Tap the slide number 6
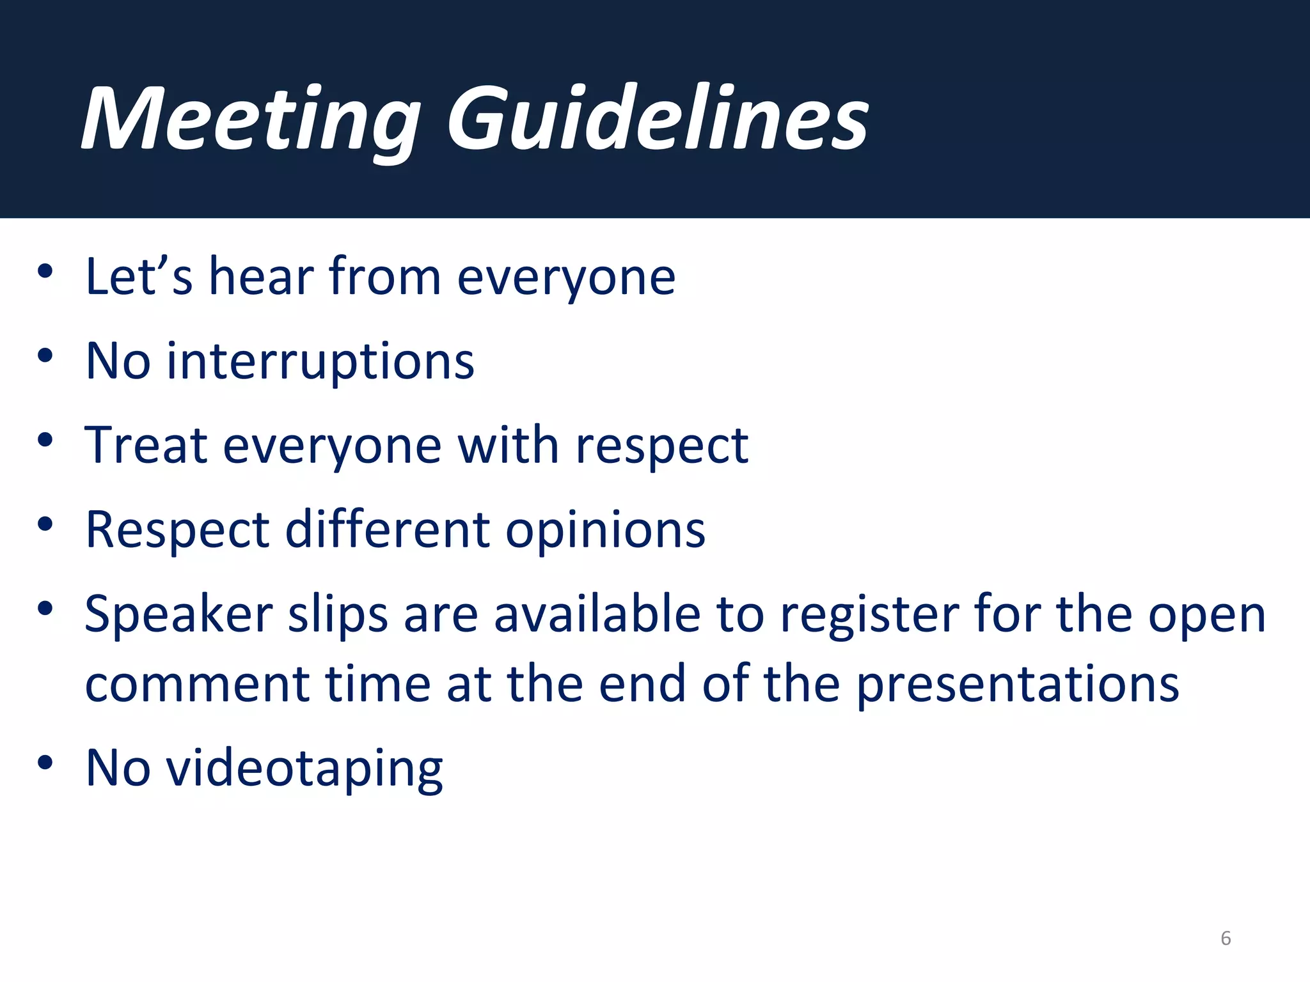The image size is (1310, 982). [x=1225, y=938]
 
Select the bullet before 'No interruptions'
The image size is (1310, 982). [x=45, y=355]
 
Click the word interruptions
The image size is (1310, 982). [x=320, y=362]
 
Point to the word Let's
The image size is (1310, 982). [x=138, y=276]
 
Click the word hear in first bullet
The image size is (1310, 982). [x=261, y=276]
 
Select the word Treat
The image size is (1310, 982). [x=146, y=445]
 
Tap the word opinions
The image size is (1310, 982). [x=605, y=531]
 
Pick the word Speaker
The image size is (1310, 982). [x=179, y=615]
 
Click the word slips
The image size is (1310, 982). [x=338, y=615]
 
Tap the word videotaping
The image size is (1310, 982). [x=304, y=768]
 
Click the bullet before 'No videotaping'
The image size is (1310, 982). [x=45, y=762]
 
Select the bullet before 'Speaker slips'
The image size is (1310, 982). [x=45, y=608]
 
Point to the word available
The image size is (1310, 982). [x=597, y=614]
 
